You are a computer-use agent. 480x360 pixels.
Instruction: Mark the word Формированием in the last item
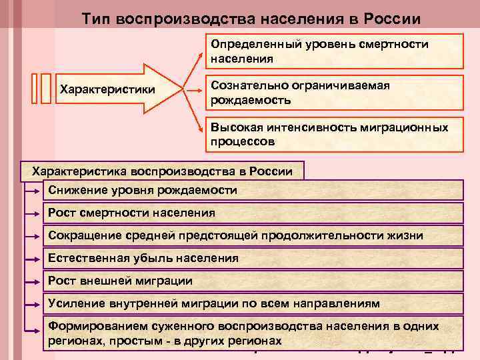point(91,327)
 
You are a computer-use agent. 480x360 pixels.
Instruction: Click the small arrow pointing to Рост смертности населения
point(33,213)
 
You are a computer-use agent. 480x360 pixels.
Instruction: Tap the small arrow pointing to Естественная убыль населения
point(33,258)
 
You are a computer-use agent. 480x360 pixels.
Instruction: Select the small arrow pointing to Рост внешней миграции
point(33,281)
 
